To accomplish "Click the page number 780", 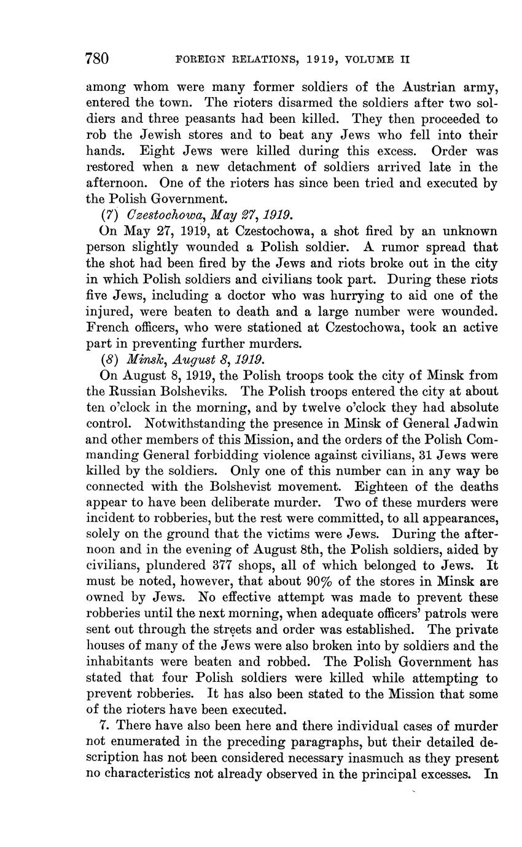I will point(97,59).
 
